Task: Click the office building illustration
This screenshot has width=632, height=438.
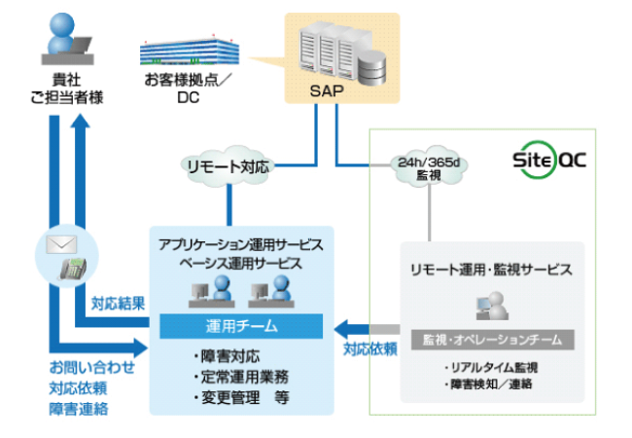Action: click(188, 45)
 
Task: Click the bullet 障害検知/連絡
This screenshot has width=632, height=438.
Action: click(490, 384)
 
